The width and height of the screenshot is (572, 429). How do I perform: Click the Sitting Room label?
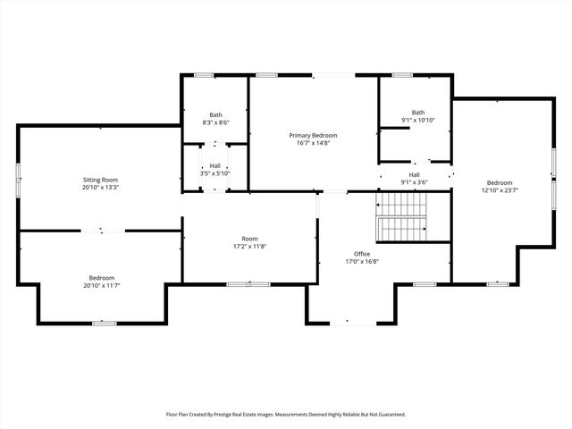(100, 180)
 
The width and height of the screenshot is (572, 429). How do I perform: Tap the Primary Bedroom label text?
(313, 135)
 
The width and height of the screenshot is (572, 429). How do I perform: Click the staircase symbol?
(400, 223)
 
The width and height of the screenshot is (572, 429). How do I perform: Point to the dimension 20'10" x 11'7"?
(101, 285)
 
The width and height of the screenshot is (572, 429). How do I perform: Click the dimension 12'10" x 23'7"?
(500, 189)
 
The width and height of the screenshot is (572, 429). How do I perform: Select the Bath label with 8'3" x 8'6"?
(216, 114)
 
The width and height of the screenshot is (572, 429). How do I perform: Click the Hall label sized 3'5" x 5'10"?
(215, 165)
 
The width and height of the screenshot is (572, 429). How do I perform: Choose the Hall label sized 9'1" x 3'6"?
(415, 174)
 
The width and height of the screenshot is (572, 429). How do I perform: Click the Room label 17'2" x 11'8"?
(249, 239)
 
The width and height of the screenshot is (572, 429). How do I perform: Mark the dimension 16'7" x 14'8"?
(313, 143)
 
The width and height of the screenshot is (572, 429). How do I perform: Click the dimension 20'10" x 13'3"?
(100, 188)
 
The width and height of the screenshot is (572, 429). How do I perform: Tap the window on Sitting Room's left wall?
(18, 177)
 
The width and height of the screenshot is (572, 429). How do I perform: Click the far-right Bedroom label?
(500, 181)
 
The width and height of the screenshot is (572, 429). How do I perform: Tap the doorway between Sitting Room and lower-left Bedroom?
(99, 231)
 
